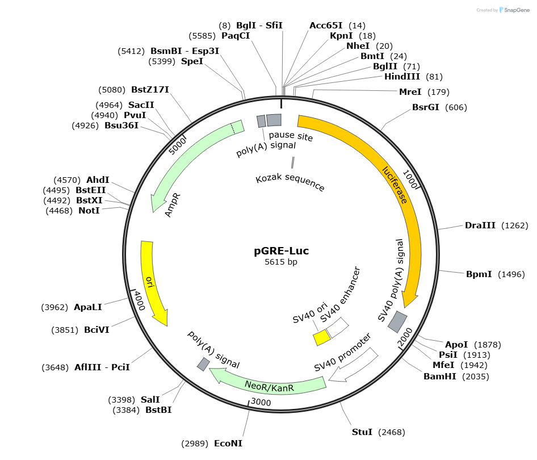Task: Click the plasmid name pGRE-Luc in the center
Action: tap(281, 250)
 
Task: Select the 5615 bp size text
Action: tap(281, 262)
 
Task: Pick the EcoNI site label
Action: tap(228, 443)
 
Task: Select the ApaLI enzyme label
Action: tap(88, 307)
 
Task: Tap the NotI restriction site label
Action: tap(89, 211)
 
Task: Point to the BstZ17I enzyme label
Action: tap(150, 89)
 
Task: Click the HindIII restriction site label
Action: tap(402, 77)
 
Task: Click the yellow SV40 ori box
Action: tap(322, 337)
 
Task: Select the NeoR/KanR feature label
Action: tap(269, 387)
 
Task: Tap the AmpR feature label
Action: tap(173, 204)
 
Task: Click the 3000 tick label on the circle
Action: tap(261, 403)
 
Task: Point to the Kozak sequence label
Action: tap(290, 183)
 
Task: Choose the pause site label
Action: tap(291, 136)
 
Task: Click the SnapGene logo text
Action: tap(517, 10)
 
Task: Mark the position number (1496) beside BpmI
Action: tap(513, 274)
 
